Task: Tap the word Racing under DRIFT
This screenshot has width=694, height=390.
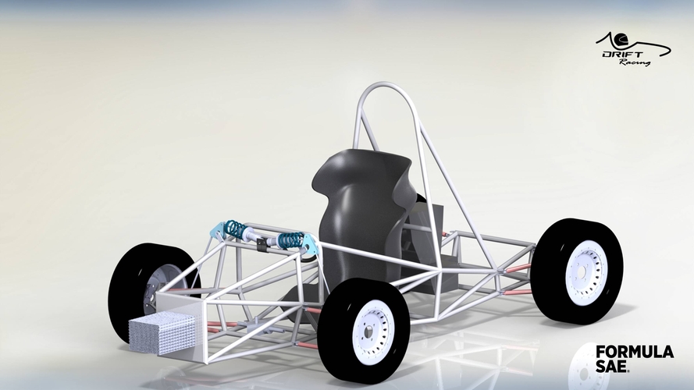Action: (635, 62)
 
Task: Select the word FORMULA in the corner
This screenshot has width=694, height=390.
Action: (635, 352)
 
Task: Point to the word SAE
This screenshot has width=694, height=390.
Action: (611, 366)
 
